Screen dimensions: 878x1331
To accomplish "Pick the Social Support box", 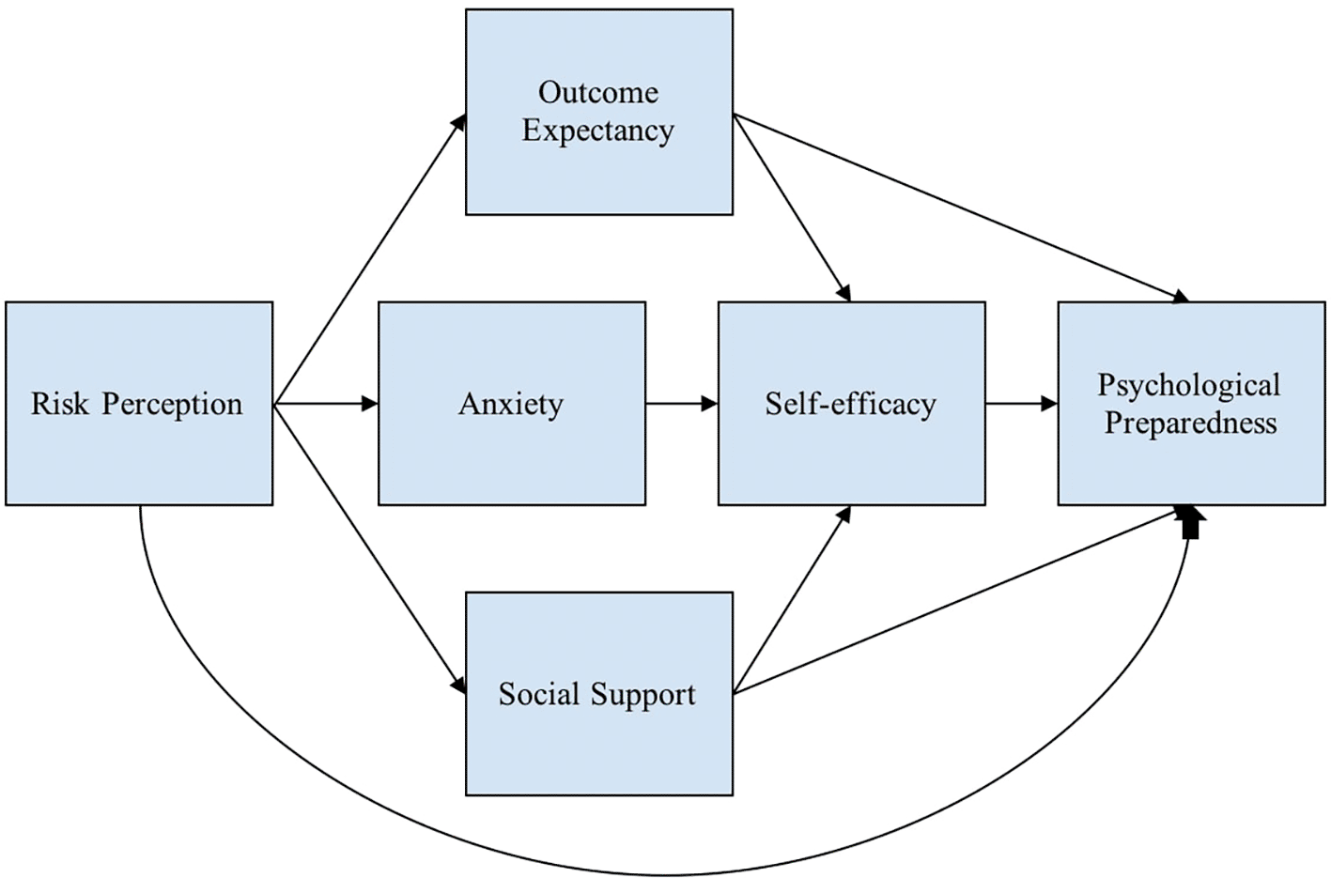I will pyautogui.click(x=599, y=747).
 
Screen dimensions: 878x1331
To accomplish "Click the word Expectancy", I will pyautogui.click(x=598, y=131).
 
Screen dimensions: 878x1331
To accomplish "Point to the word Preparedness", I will pyautogui.click(x=1190, y=423).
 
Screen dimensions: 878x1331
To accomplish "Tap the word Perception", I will pyautogui.click(x=172, y=405).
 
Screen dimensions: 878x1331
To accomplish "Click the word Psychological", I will pyautogui.click(x=1189, y=385).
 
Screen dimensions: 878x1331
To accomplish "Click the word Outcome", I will pyautogui.click(x=598, y=92).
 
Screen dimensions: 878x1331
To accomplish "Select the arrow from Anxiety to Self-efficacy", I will pyautogui.click(x=681, y=404).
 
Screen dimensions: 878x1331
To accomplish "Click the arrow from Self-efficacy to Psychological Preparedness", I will pyautogui.click(x=1021, y=404).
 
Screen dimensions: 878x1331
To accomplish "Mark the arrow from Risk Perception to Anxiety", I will pyautogui.click(x=325, y=404).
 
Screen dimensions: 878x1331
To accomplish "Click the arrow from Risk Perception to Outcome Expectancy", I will pyautogui.click(x=369, y=260).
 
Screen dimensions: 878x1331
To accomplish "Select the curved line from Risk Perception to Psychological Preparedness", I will pyautogui.click(x=658, y=873).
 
